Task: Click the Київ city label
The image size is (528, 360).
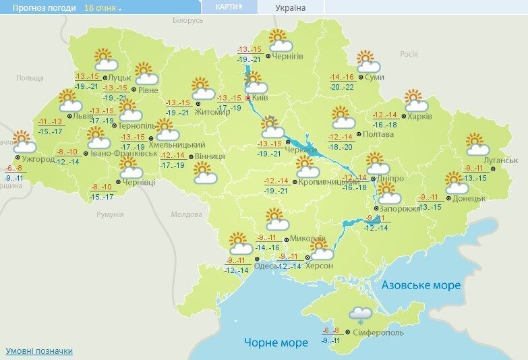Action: tap(260, 98)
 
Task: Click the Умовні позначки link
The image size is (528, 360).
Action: tap(39, 351)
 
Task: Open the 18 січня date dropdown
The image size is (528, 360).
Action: tap(103, 8)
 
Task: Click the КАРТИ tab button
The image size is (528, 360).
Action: tap(229, 7)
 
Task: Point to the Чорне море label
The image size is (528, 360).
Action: tap(276, 342)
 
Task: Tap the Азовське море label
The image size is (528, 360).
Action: tap(421, 285)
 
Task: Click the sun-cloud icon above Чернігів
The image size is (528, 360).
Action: tap(280, 42)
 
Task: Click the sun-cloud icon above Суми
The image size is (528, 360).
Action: tap(368, 61)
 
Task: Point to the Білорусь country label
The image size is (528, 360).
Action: tap(187, 21)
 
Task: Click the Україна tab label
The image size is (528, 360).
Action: tap(291, 8)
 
